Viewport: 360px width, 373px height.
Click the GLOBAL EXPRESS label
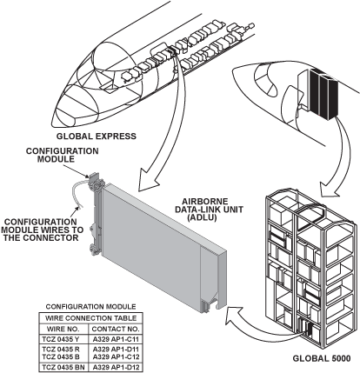click(96, 136)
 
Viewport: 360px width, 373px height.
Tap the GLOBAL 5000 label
click(322, 358)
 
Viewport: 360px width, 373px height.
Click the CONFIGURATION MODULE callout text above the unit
click(62, 155)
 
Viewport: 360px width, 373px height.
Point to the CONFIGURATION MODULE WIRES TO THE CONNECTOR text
click(43, 230)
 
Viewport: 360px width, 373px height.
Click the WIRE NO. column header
click(63, 329)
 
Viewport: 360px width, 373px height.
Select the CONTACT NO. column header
click(116, 329)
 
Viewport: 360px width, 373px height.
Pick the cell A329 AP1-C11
click(116, 339)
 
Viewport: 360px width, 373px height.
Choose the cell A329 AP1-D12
click(116, 368)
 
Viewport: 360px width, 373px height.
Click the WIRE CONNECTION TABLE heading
click(90, 318)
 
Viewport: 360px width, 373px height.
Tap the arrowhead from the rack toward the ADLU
click(233, 315)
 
